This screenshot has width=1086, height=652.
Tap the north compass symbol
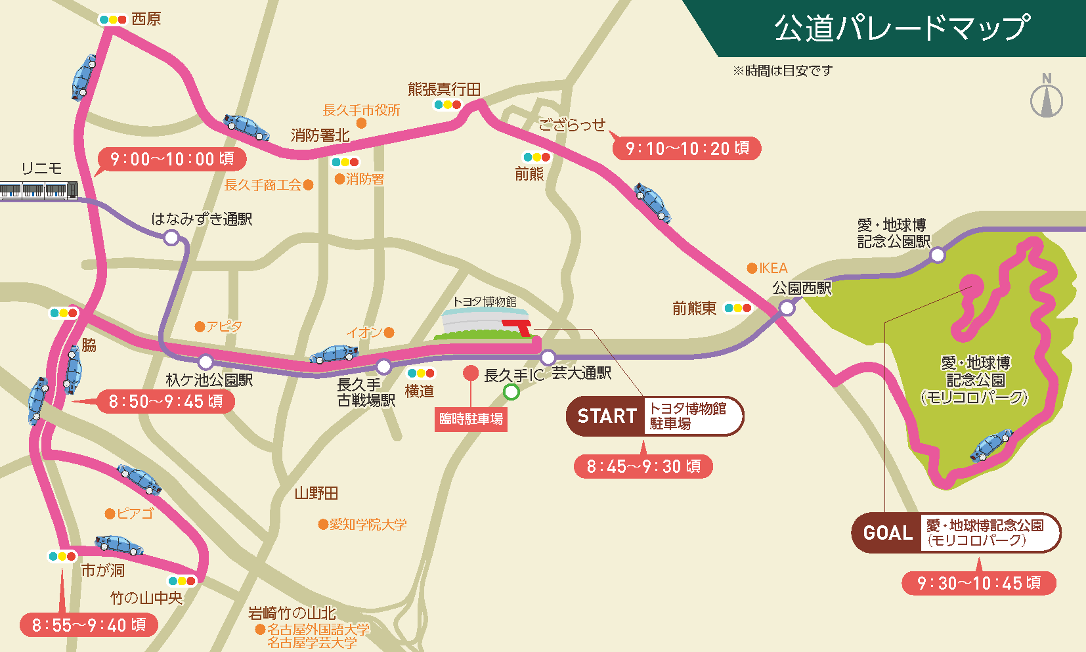[1047, 98]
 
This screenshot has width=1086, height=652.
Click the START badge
[606, 416]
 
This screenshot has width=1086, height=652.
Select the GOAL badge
[888, 533]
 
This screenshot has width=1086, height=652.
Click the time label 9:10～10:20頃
[687, 148]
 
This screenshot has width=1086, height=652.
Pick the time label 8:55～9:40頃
[89, 625]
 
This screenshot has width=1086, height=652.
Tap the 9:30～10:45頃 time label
[978, 583]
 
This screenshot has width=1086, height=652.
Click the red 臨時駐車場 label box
[471, 419]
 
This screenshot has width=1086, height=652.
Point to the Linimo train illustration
[39, 190]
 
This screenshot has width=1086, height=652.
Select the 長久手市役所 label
[361, 110]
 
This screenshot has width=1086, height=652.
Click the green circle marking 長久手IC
[511, 392]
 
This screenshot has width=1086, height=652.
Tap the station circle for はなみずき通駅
[171, 238]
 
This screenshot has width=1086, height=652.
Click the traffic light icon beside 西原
[113, 20]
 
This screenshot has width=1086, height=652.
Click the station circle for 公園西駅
[786, 307]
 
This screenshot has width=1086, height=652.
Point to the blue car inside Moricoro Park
[991, 445]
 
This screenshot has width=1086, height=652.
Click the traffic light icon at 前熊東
[737, 308]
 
